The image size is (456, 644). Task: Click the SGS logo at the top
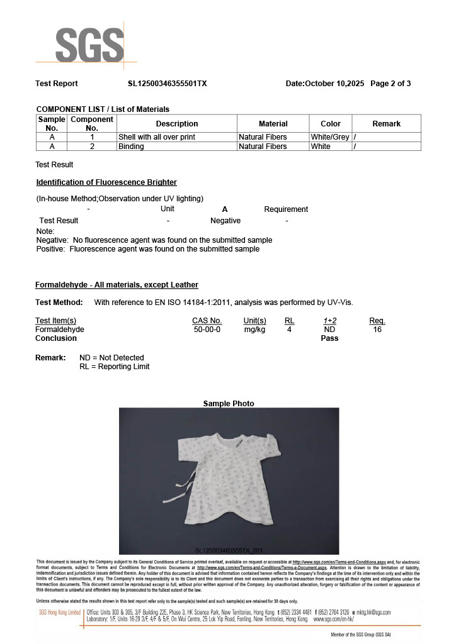pos(89,45)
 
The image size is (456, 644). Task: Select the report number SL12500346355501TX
pos(167,84)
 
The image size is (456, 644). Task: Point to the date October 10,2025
pos(334,84)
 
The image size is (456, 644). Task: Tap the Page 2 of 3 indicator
pos(390,84)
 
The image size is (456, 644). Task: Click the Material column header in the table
pos(273,124)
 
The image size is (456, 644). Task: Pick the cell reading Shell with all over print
pos(157,137)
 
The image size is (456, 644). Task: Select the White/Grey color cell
pos(329,137)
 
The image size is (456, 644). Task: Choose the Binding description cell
pos(131,147)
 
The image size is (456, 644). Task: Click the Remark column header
pos(386,124)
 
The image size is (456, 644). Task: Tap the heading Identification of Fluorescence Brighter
pos(106,182)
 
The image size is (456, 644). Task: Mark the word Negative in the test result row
pos(225,221)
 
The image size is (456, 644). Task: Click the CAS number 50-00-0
pos(207,330)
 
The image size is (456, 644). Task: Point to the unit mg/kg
pos(254,330)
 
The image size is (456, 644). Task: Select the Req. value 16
pos(377,330)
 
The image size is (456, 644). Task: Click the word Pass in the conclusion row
pos(329,338)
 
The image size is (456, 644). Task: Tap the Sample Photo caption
pos(229,404)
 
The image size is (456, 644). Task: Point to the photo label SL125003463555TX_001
pos(229,550)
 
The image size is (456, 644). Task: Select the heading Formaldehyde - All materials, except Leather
pos(117,285)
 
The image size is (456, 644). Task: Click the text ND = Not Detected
pos(111,358)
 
